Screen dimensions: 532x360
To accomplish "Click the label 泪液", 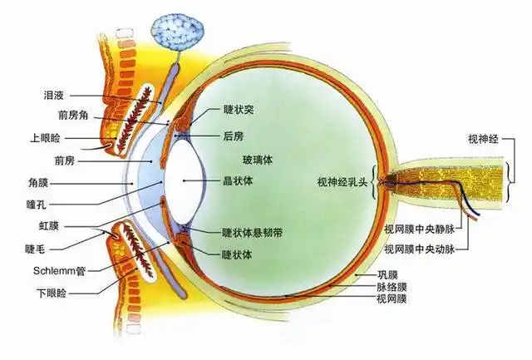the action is [x=53, y=96].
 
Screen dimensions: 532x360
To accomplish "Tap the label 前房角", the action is [x=73, y=116].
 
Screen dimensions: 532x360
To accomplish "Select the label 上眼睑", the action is [x=45, y=138].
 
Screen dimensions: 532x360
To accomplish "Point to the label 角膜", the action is [x=38, y=183].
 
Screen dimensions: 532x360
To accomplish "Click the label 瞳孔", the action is [x=37, y=205].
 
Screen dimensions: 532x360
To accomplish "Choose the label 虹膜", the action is [x=48, y=226].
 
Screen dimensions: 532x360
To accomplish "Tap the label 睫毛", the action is [x=35, y=249].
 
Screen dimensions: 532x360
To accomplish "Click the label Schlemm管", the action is [x=59, y=271].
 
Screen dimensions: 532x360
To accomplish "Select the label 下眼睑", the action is [x=52, y=293].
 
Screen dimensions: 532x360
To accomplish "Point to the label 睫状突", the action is [x=239, y=110].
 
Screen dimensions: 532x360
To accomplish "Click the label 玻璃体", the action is [x=258, y=160].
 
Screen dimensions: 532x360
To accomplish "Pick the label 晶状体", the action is [x=238, y=181].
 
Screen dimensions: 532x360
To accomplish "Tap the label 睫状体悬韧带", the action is [x=252, y=233].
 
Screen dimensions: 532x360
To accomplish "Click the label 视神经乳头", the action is [x=342, y=182].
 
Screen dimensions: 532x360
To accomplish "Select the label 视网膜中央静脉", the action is [x=419, y=229].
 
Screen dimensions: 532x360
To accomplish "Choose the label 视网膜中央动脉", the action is [x=419, y=249].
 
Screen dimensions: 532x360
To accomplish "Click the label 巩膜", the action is [x=387, y=274].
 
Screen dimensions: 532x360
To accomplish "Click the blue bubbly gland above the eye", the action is [x=178, y=32].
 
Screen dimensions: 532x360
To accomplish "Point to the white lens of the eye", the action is [x=185, y=181].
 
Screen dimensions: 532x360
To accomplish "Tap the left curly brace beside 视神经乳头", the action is [x=374, y=182].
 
